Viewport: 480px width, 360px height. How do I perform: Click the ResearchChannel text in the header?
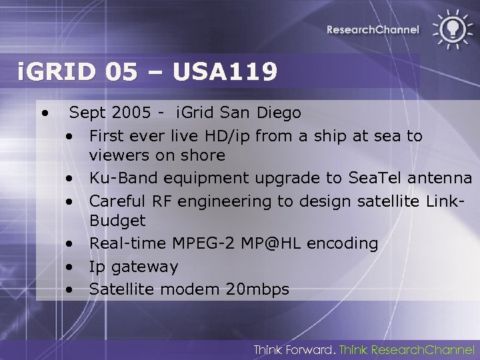coord(373,29)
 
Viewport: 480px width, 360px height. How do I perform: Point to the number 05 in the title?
coord(121,72)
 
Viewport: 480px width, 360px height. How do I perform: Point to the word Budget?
coord(117,221)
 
